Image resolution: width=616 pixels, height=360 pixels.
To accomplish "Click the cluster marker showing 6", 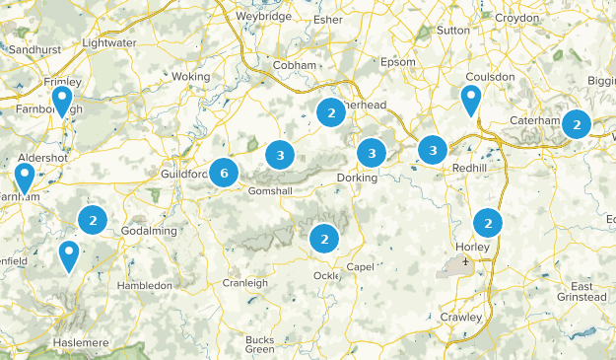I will [x=224, y=174].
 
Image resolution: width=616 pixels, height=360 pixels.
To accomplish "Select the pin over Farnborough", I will [x=62, y=102].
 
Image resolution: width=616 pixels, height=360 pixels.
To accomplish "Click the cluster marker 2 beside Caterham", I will [x=576, y=124].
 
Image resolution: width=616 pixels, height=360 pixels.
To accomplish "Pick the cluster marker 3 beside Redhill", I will [x=433, y=149].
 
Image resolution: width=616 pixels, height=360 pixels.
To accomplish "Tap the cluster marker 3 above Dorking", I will [x=372, y=153].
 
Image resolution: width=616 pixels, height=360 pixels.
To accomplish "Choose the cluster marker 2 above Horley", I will [x=487, y=223].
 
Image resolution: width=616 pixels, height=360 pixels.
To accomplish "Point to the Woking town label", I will [x=191, y=76].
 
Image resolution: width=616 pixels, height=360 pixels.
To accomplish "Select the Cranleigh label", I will [x=244, y=283].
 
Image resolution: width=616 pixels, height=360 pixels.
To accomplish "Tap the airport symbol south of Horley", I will [x=465, y=261].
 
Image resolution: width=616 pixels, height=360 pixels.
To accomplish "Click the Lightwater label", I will [x=107, y=43].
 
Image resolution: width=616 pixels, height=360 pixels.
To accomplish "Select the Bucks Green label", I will [x=259, y=344].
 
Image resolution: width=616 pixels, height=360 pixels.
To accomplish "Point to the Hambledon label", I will [x=144, y=285].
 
